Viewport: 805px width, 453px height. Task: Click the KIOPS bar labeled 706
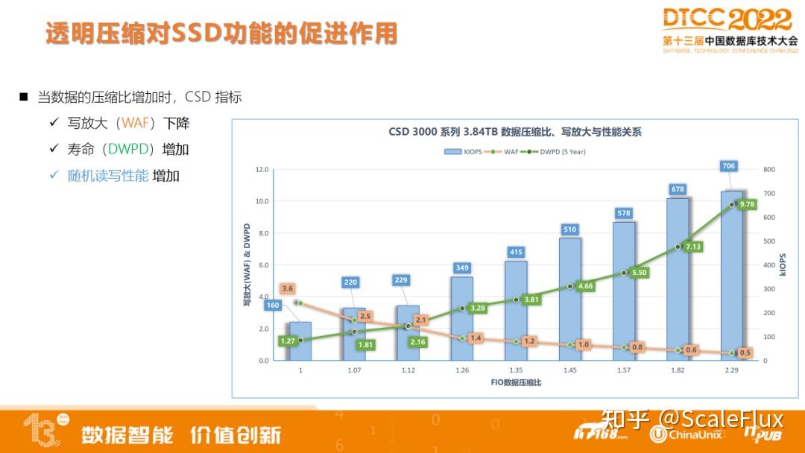click(x=730, y=276)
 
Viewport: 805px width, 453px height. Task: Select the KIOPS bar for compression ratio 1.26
click(x=461, y=319)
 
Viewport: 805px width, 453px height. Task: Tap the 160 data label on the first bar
click(x=273, y=305)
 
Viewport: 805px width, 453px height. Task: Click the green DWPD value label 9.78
click(x=747, y=204)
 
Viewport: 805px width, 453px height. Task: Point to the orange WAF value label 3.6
click(x=288, y=288)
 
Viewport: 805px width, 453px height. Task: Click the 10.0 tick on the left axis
click(x=262, y=201)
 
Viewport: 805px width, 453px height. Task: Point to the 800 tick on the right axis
click(x=769, y=170)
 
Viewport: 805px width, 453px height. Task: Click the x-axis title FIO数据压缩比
click(x=516, y=382)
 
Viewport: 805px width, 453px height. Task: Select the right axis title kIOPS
click(x=783, y=264)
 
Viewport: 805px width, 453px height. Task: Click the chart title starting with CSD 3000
click(x=515, y=132)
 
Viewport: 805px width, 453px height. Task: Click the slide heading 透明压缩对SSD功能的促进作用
click(x=221, y=34)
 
